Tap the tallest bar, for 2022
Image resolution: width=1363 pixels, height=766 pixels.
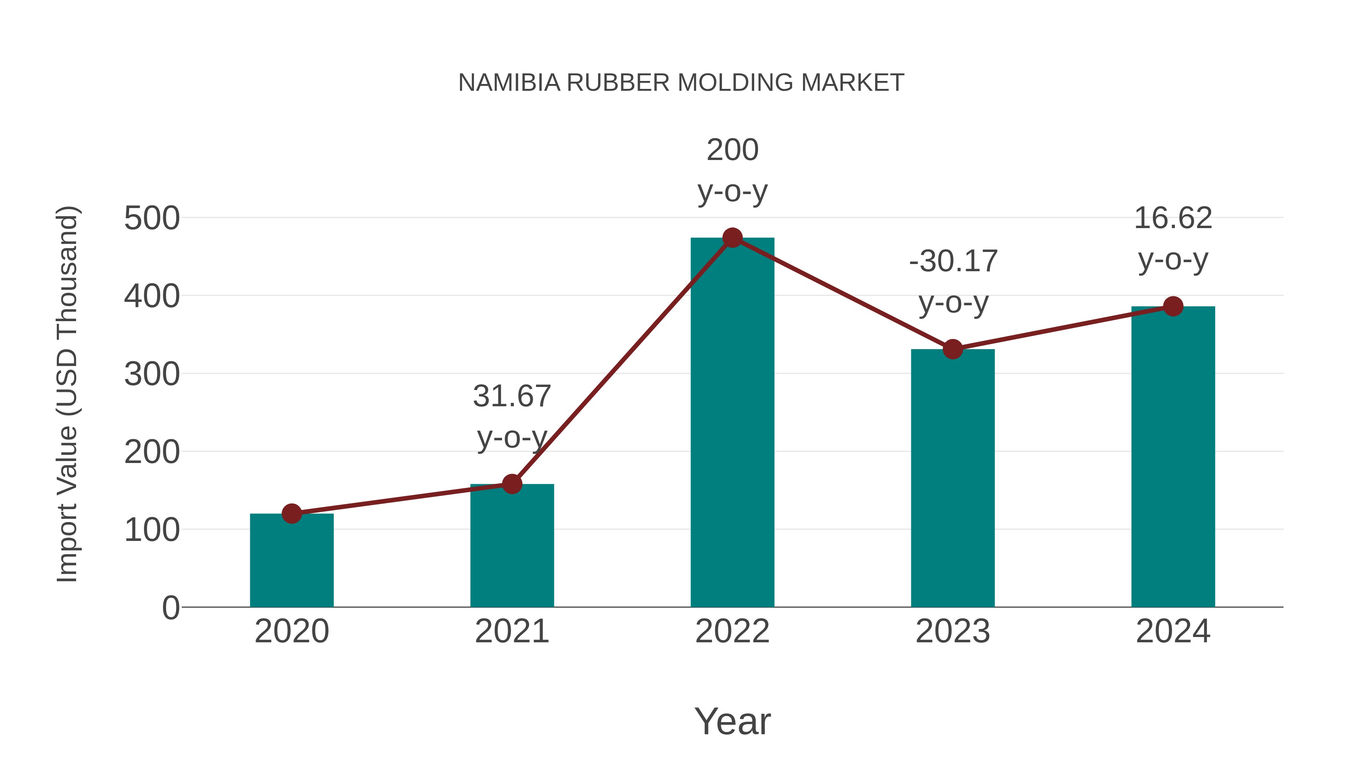pos(732,423)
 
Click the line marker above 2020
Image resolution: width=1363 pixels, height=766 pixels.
pos(292,513)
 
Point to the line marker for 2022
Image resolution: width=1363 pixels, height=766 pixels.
pos(732,238)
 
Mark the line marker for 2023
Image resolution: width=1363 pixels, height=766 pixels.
pos(953,350)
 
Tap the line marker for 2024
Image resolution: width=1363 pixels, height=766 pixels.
pos(1173,306)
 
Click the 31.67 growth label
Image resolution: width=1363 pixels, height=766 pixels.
pos(512,396)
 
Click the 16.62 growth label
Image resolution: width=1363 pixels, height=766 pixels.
pos(1173,218)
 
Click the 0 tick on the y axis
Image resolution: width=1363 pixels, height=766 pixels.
pos(170,608)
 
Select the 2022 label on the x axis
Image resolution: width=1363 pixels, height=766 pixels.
pos(732,631)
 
